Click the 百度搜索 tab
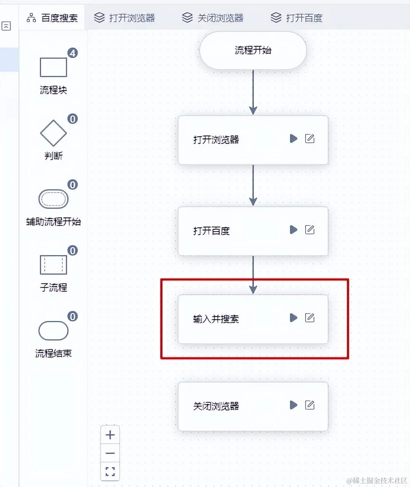click(x=52, y=18)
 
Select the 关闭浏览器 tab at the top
click(x=212, y=18)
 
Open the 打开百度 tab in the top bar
click(x=296, y=18)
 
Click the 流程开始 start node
click(x=253, y=51)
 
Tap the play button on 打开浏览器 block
click(x=293, y=139)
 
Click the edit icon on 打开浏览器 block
click(x=310, y=139)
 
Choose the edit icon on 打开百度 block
click(x=310, y=230)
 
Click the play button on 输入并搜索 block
click(x=293, y=318)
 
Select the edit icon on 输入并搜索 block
click(x=310, y=318)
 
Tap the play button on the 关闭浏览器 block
click(x=293, y=405)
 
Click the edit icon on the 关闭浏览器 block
click(x=310, y=405)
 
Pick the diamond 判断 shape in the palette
click(x=53, y=133)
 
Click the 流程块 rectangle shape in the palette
click(x=53, y=67)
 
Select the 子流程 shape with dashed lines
click(x=53, y=265)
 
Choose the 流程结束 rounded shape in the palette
click(x=53, y=331)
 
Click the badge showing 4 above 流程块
click(x=72, y=53)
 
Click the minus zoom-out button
click(x=110, y=453)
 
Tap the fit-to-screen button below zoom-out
click(x=110, y=471)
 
